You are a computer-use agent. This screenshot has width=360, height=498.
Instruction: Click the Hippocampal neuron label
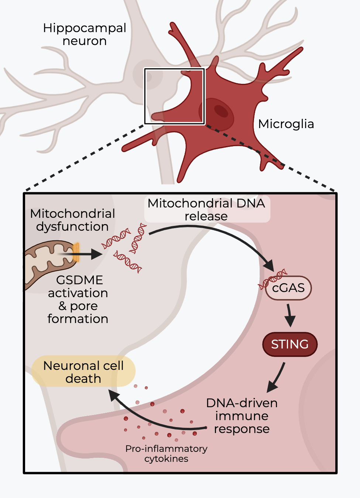(x=85, y=34)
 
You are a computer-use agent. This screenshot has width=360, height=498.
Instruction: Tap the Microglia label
(x=286, y=124)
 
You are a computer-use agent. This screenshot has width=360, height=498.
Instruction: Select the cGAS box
(x=288, y=288)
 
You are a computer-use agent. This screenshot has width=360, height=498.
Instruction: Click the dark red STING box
(x=290, y=344)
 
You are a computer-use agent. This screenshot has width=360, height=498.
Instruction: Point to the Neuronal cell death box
(x=83, y=372)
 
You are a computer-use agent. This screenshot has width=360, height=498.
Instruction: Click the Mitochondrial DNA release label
(x=206, y=209)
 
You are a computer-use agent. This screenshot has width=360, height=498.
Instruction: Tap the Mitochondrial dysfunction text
(x=72, y=220)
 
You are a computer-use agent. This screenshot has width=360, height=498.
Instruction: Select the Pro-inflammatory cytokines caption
(x=166, y=454)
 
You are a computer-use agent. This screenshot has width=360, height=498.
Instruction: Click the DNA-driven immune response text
(x=242, y=416)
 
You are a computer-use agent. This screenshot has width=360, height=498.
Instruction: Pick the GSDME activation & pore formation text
(x=78, y=299)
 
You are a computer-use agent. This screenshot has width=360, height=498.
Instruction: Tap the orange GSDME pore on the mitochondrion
(x=76, y=253)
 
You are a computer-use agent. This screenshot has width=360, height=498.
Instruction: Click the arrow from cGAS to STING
(x=290, y=316)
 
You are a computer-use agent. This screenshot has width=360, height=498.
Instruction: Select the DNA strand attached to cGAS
(x=272, y=279)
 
